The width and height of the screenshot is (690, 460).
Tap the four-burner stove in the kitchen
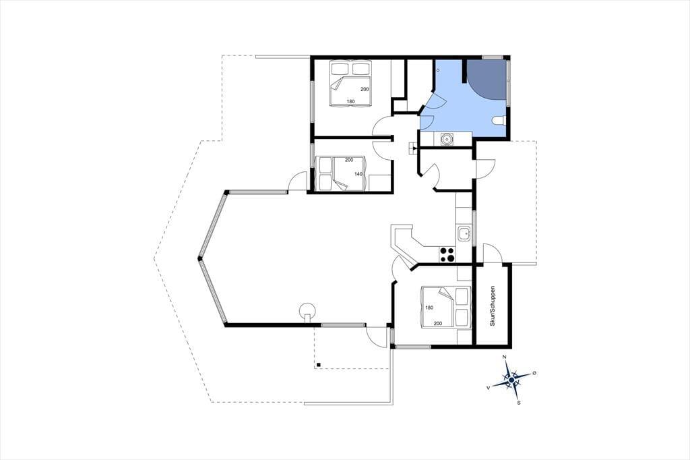pyautogui.click(x=447, y=255)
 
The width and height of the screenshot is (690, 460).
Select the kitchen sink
pyautogui.click(x=464, y=233)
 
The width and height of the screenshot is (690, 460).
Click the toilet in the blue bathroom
pyautogui.click(x=499, y=121)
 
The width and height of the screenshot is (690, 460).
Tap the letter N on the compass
pyautogui.click(x=505, y=356)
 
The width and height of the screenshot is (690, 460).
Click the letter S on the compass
pyautogui.click(x=519, y=402)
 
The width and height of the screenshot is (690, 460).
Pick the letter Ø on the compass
pyautogui.click(x=534, y=373)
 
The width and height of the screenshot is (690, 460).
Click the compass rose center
pyautogui.click(x=511, y=379)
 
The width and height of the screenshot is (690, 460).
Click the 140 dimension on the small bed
pyautogui.click(x=358, y=174)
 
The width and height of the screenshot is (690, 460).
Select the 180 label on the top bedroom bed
pyautogui.click(x=350, y=101)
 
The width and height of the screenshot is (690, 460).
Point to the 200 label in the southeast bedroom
pyautogui.click(x=438, y=323)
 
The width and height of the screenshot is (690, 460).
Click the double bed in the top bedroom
pyautogui.click(x=350, y=84)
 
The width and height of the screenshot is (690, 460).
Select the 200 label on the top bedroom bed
pyautogui.click(x=365, y=89)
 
